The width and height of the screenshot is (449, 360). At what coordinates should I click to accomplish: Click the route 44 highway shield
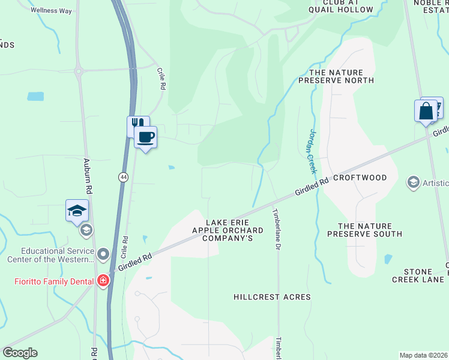coord(123,177)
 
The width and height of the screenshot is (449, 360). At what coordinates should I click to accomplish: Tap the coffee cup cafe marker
coord(145,137)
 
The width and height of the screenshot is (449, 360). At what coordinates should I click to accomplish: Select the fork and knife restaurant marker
coord(137,125)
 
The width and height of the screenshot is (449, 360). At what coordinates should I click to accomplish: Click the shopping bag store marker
coord(426,112)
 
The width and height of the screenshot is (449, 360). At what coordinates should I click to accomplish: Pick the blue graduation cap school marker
coord(77,211)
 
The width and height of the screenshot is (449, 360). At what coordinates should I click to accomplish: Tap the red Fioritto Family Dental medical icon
coord(103,281)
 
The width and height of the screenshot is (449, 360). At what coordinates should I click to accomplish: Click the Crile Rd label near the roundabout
coord(161,79)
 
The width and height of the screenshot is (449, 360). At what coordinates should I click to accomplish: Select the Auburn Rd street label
coord(87,175)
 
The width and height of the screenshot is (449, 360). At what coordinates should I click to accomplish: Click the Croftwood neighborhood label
coord(360,178)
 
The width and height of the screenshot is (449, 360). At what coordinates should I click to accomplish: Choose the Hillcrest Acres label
coord(272,297)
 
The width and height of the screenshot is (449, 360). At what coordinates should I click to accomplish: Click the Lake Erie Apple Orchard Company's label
coord(227,230)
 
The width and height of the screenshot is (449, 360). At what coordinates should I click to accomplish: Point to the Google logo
coord(20,353)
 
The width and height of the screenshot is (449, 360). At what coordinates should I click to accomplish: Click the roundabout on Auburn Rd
coord(79,71)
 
